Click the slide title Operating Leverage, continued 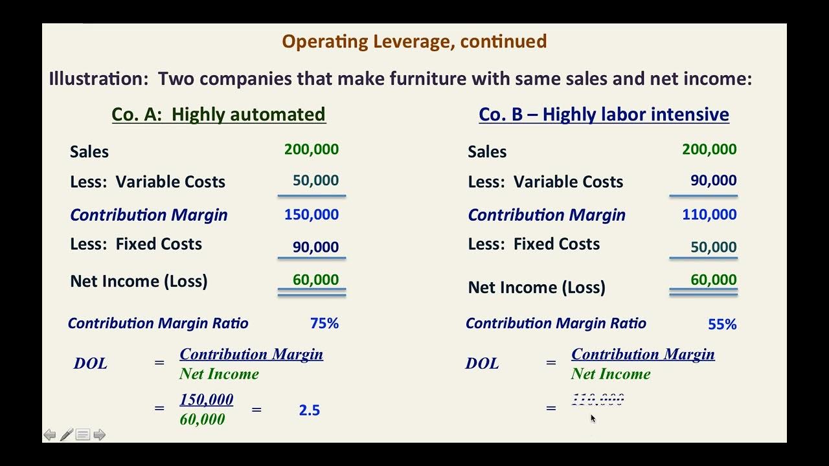pyautogui.click(x=414, y=41)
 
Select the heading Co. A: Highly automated pyautogui.click(x=218, y=115)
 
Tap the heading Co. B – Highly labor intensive pyautogui.click(x=604, y=115)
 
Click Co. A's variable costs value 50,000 pyautogui.click(x=315, y=181)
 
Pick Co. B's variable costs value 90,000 pyautogui.click(x=713, y=181)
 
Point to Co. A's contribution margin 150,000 pyautogui.click(x=311, y=214)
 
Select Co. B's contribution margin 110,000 pyautogui.click(x=709, y=214)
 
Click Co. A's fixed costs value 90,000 pyautogui.click(x=315, y=247)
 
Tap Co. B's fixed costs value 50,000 pyautogui.click(x=713, y=247)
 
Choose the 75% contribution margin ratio pyautogui.click(x=324, y=324)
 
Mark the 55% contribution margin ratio pyautogui.click(x=722, y=324)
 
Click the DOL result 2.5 pyautogui.click(x=310, y=410)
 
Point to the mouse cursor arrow pyautogui.click(x=593, y=418)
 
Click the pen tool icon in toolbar pyautogui.click(x=66, y=435)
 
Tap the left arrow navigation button pyautogui.click(x=50, y=435)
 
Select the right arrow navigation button pyautogui.click(x=99, y=435)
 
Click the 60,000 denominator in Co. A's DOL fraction pyautogui.click(x=202, y=419)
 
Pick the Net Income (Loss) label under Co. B pyautogui.click(x=536, y=287)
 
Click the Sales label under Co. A pyautogui.click(x=89, y=152)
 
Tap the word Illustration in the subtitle pyautogui.click(x=98, y=79)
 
